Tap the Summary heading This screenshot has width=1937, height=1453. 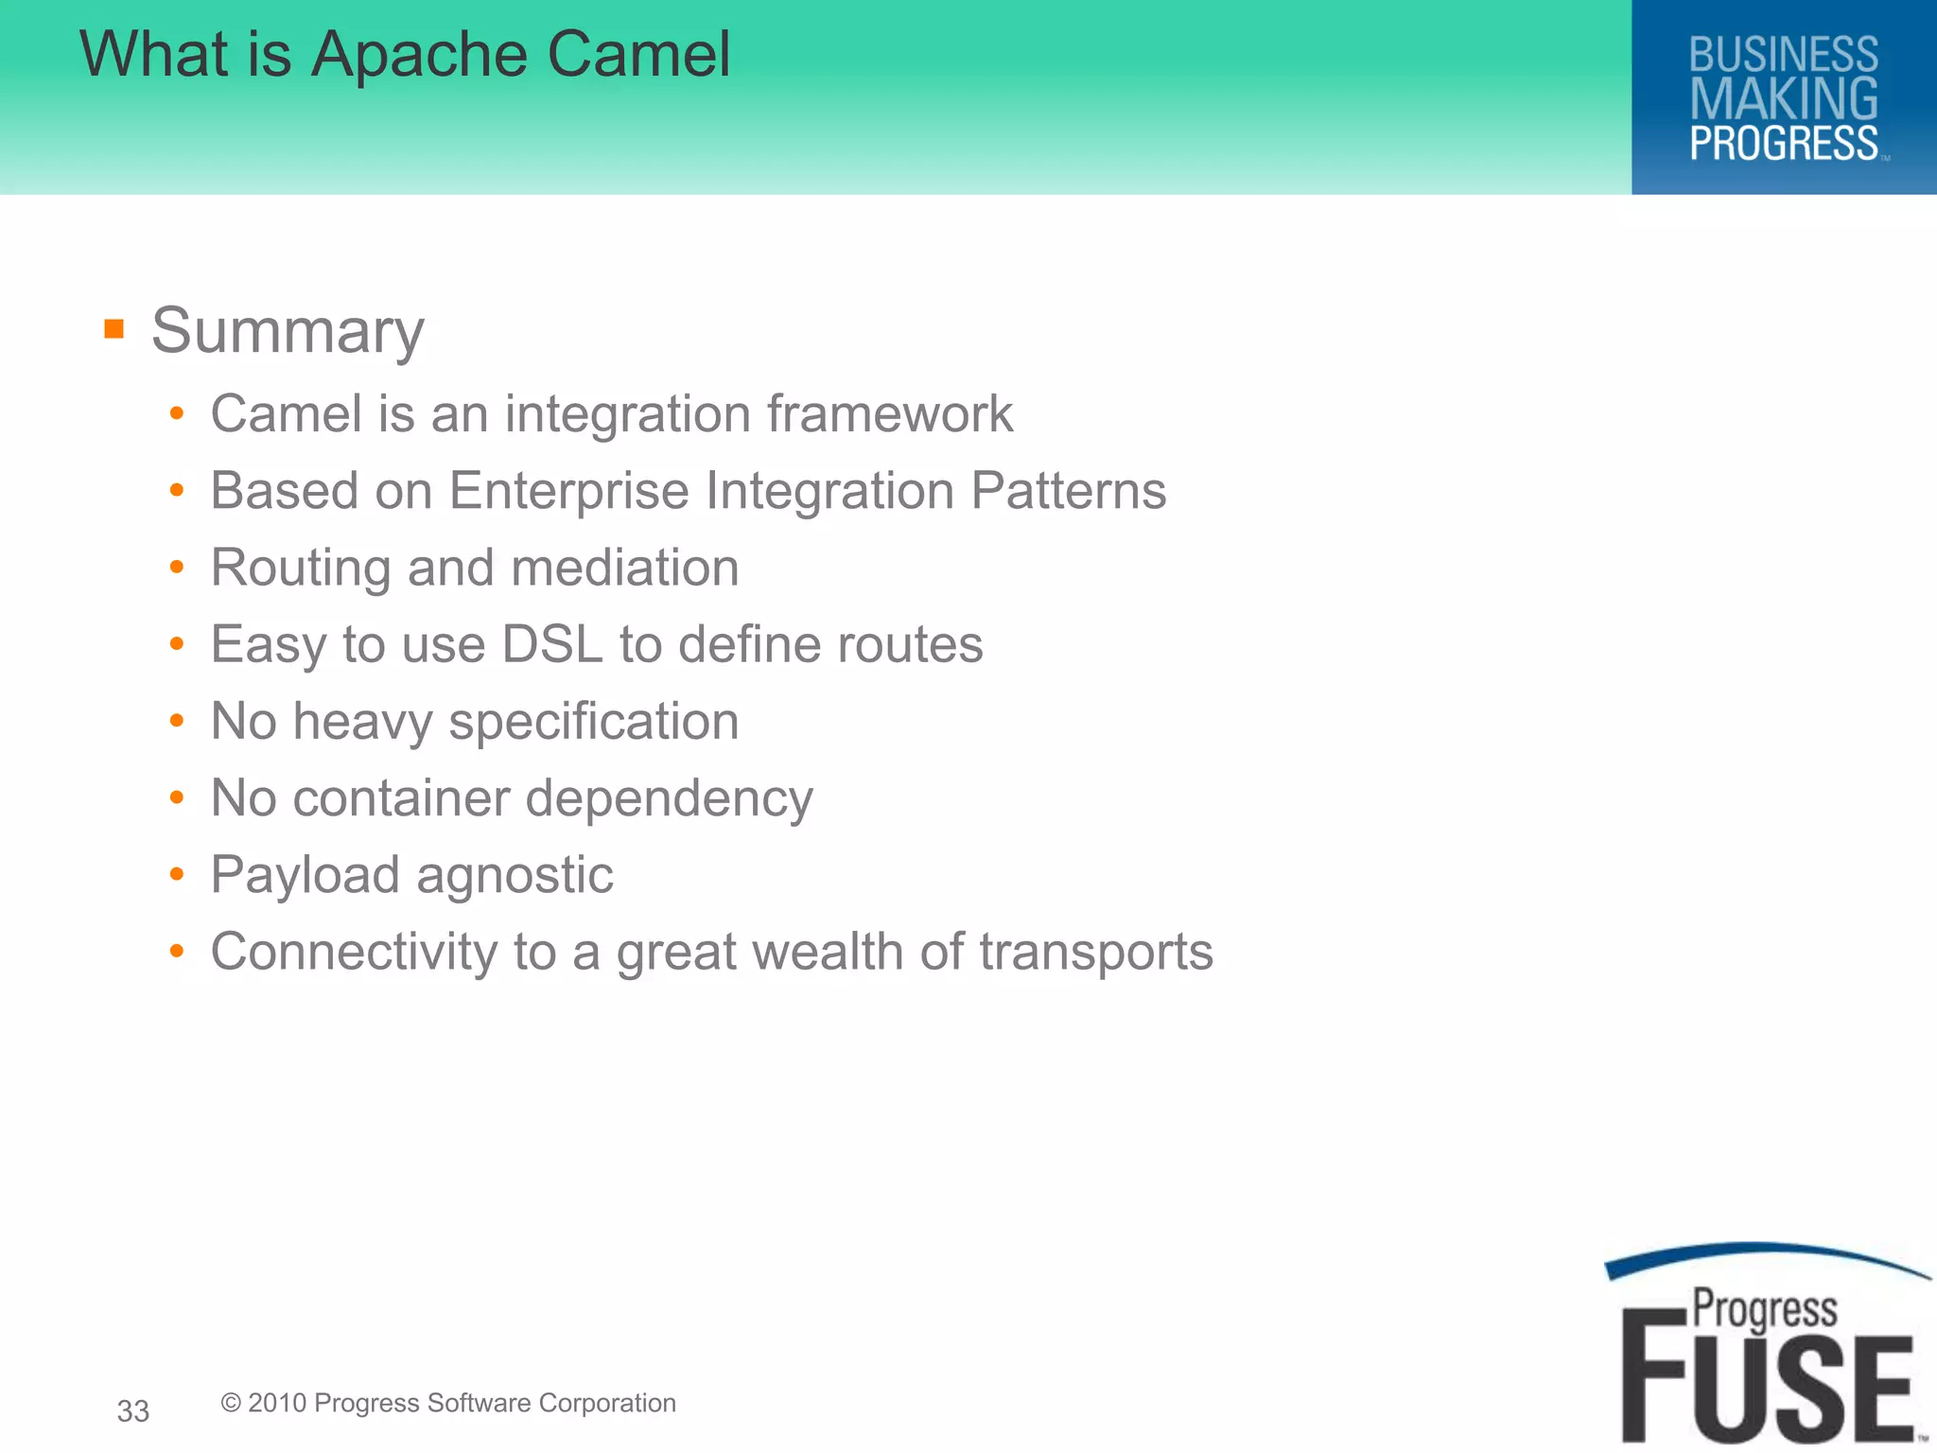[x=288, y=331]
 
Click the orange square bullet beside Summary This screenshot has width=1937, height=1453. [x=114, y=329]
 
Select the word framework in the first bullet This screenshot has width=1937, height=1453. [x=889, y=414]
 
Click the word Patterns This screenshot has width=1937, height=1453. [x=1068, y=491]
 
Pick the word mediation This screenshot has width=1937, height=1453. [x=624, y=569]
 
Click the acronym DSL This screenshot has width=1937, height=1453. [x=551, y=645]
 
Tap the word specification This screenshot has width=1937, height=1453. [x=593, y=723]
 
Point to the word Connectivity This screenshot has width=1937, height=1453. [x=354, y=952]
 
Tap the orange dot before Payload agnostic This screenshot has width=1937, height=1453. [x=177, y=875]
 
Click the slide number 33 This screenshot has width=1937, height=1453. [x=133, y=1411]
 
